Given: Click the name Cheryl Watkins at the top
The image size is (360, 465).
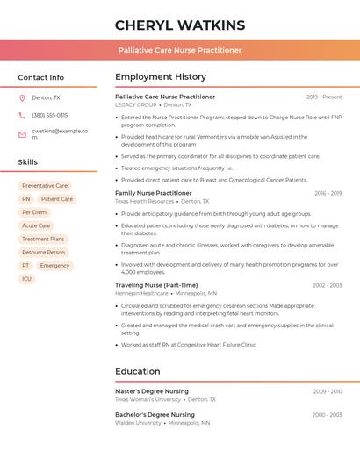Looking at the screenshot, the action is (x=180, y=25).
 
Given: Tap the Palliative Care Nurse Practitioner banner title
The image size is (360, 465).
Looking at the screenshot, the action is (x=180, y=50).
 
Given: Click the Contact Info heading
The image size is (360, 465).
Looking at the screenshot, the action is (x=40, y=77).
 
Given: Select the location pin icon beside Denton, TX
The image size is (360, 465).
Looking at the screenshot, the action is (x=22, y=97).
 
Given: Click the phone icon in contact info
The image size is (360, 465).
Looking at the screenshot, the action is (x=22, y=115).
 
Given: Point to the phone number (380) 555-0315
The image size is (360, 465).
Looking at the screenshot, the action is (x=49, y=115).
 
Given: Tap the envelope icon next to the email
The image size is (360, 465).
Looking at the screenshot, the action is (x=22, y=134).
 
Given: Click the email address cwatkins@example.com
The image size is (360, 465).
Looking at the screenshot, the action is (x=60, y=133).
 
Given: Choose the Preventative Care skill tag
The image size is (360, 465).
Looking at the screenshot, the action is (x=45, y=186).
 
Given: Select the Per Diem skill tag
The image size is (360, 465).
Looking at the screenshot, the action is (x=34, y=212).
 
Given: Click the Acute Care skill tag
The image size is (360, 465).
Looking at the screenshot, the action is (x=36, y=225).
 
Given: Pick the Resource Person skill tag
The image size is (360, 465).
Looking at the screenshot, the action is (x=44, y=252).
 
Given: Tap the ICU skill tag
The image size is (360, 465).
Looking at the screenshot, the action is (x=26, y=279).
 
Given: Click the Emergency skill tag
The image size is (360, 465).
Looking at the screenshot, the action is (x=54, y=265).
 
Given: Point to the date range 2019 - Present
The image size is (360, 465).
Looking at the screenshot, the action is (x=324, y=97).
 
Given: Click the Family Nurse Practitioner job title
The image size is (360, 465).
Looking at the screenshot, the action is (x=153, y=193).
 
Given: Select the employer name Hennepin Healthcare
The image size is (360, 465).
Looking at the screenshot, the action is (x=141, y=293).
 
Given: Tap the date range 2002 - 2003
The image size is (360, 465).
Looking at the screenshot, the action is (x=327, y=285).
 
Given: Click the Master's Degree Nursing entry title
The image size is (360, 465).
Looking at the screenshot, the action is (x=152, y=391).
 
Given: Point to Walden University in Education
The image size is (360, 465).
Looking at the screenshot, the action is (x=138, y=422).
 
